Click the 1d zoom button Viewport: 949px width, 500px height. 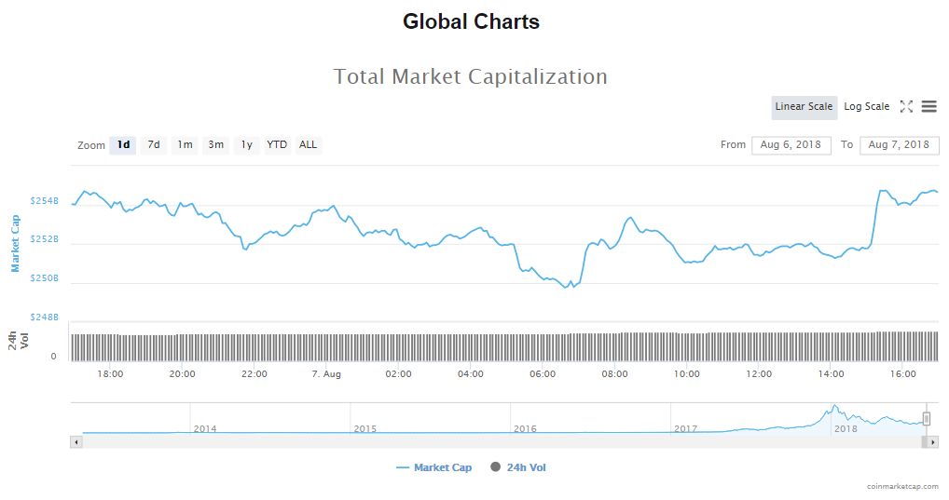point(123,145)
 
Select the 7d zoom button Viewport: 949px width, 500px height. point(154,145)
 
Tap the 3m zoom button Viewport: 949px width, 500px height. point(215,145)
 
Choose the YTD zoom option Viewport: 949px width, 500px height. point(277,145)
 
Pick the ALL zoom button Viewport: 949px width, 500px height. point(308,145)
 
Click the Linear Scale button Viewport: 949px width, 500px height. point(804,107)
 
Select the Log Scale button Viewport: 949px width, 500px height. point(866,107)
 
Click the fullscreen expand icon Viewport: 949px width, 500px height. point(906,107)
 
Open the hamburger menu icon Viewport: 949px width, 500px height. point(928,107)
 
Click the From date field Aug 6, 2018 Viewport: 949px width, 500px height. point(791,145)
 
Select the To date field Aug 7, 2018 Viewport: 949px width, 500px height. point(899,145)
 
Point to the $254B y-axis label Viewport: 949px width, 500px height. point(45,201)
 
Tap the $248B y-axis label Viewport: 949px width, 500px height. point(45,318)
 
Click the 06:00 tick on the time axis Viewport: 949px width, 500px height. point(543,374)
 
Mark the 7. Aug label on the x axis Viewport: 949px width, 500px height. point(326,374)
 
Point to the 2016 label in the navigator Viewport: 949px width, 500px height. point(525,429)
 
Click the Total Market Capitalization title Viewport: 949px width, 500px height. point(471,77)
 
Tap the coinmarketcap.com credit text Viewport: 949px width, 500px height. point(902,486)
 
